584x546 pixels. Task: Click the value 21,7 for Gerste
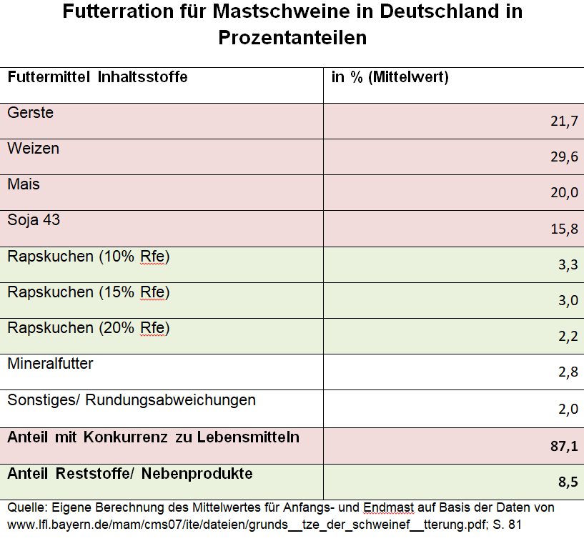(564, 121)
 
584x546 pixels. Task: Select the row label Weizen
(33, 148)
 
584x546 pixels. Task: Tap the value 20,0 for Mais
(564, 192)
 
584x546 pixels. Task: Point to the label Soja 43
(34, 220)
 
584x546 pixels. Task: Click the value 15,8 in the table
(564, 229)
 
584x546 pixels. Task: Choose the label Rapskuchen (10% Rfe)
(89, 257)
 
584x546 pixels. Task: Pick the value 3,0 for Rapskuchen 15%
(568, 300)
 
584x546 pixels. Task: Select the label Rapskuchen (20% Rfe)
(89, 328)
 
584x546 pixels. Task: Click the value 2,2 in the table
(568, 337)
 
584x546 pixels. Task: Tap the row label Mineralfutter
(50, 364)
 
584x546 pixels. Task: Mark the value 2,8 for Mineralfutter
(568, 372)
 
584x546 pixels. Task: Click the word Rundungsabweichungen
(171, 400)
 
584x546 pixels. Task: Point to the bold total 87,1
(564, 446)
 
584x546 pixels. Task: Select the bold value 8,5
(568, 482)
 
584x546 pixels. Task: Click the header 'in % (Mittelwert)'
(390, 77)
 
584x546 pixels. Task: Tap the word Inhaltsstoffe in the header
(143, 77)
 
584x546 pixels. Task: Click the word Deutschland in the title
(440, 11)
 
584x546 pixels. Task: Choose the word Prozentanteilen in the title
(293, 38)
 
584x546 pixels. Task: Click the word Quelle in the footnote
(28, 507)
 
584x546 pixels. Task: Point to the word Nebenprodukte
(197, 474)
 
